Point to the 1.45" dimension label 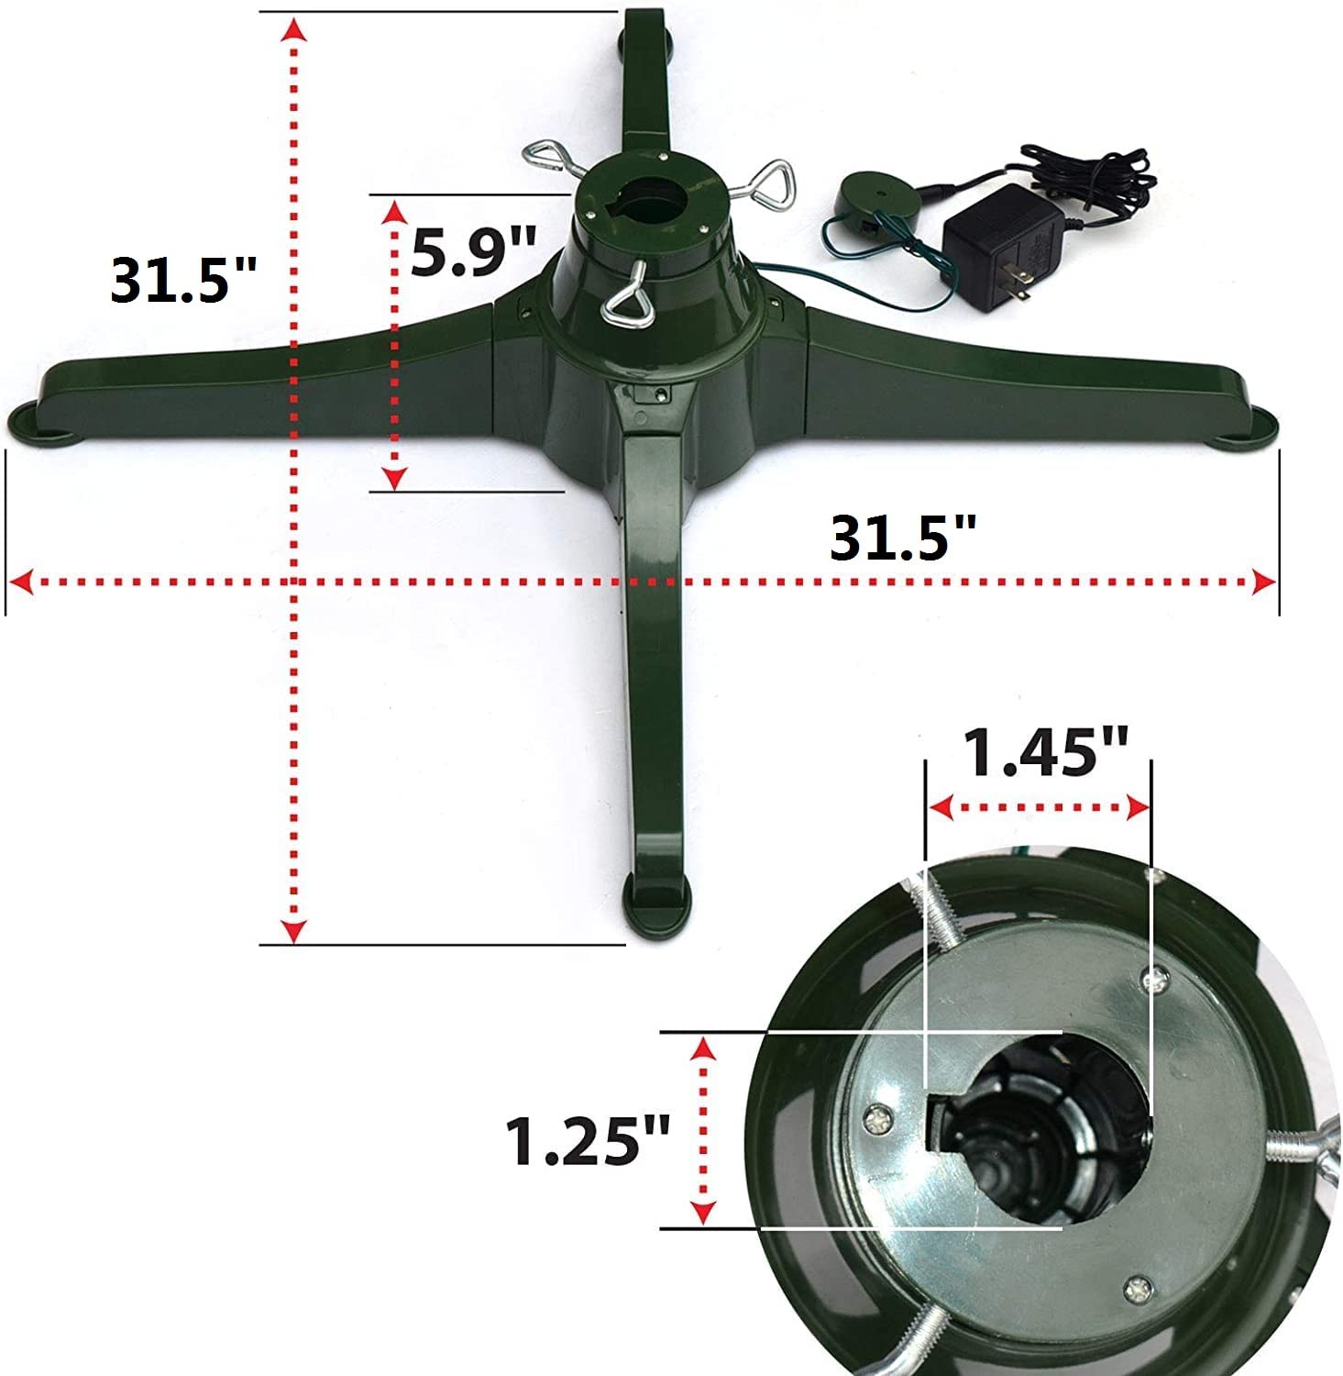pos(1045,752)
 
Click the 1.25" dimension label pos(588,1140)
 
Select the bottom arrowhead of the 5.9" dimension pos(395,477)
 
